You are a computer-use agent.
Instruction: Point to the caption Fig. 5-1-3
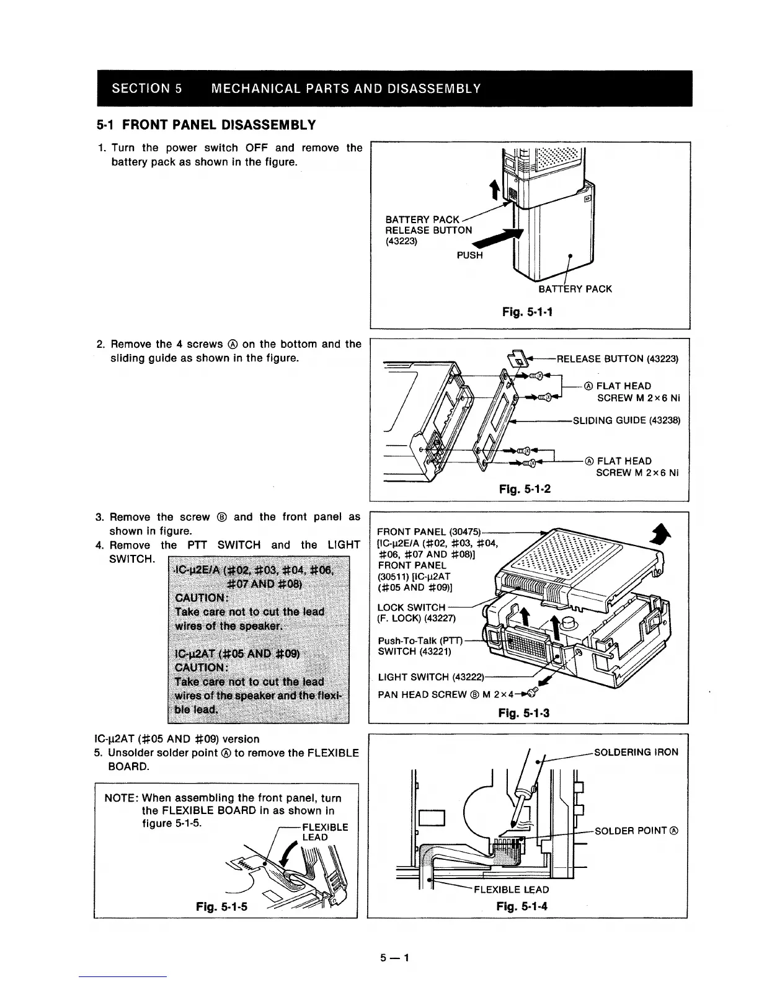point(524,713)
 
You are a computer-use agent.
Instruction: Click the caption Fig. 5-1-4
point(522,907)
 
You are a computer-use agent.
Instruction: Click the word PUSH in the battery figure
point(469,255)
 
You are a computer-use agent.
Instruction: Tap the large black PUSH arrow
point(500,239)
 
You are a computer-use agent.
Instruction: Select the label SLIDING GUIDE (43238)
point(626,420)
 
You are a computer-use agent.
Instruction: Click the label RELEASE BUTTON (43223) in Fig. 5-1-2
point(618,359)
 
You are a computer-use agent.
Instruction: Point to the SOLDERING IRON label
point(636,752)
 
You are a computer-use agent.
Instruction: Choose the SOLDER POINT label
point(636,831)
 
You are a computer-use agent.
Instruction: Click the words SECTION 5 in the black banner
point(146,87)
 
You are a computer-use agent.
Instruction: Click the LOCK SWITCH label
point(411,608)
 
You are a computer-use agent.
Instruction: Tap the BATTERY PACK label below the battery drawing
point(575,289)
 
